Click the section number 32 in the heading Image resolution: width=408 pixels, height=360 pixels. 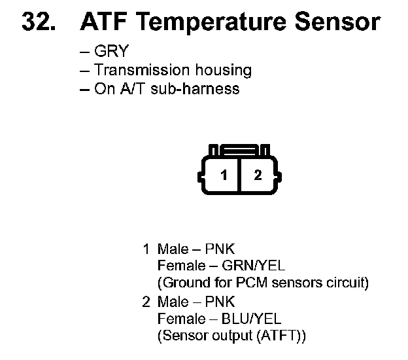click(38, 22)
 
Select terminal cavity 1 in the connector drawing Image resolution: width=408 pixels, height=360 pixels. click(224, 175)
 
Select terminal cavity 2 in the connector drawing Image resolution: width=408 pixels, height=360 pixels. click(258, 175)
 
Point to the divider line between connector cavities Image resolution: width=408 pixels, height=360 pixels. click(241, 175)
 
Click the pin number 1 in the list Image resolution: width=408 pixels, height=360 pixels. click(146, 249)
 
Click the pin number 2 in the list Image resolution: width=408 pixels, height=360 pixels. click(146, 302)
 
